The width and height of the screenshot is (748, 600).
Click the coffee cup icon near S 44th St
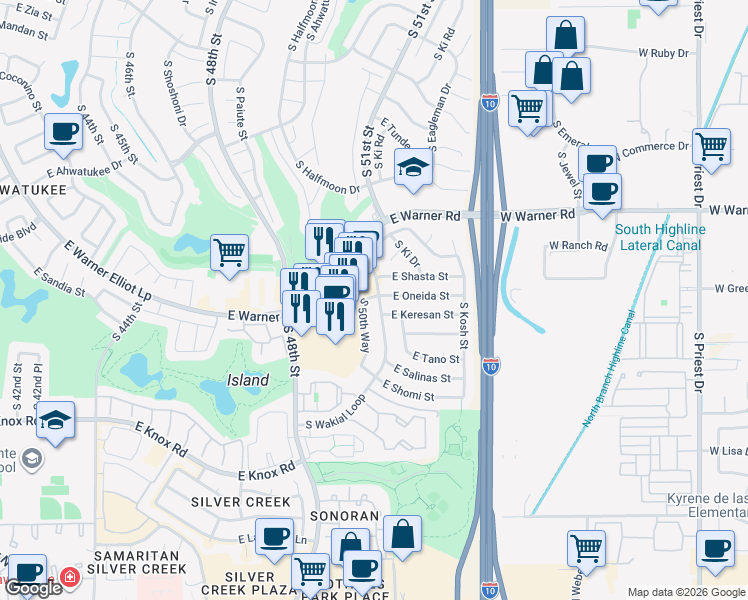click(63, 131)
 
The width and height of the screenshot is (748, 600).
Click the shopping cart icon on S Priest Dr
click(711, 146)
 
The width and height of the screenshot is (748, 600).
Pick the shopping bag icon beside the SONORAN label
click(402, 534)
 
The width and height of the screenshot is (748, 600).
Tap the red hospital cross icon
click(69, 578)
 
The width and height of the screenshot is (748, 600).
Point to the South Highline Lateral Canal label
click(660, 237)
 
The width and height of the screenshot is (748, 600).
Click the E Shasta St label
click(420, 276)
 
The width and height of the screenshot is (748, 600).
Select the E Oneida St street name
click(420, 296)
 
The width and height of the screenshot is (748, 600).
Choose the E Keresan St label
click(423, 315)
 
